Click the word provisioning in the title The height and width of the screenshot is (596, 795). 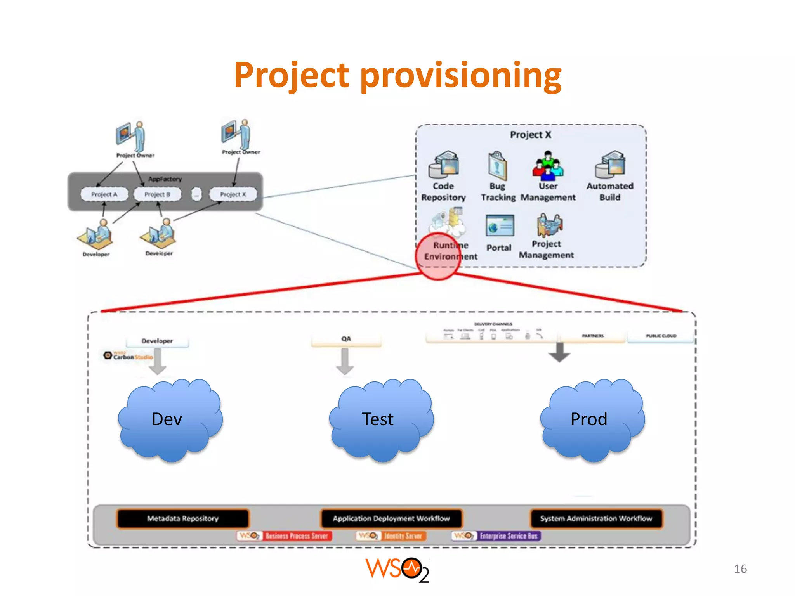click(461, 76)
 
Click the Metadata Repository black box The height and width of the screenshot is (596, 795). click(182, 518)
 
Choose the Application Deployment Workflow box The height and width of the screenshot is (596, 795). click(391, 518)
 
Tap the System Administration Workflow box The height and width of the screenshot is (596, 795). click(596, 518)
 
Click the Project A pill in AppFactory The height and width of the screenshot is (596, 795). click(104, 194)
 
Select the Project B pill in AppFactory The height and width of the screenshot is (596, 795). click(157, 194)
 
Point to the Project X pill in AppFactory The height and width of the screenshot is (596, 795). click(233, 194)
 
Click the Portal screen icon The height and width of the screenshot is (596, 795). click(500, 225)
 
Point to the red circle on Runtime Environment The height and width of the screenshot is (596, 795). click(438, 256)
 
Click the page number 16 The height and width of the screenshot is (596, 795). click(740, 569)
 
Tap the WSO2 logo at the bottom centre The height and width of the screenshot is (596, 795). click(397, 570)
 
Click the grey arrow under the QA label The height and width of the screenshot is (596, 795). click(345, 361)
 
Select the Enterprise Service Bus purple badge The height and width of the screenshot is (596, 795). click(508, 536)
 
